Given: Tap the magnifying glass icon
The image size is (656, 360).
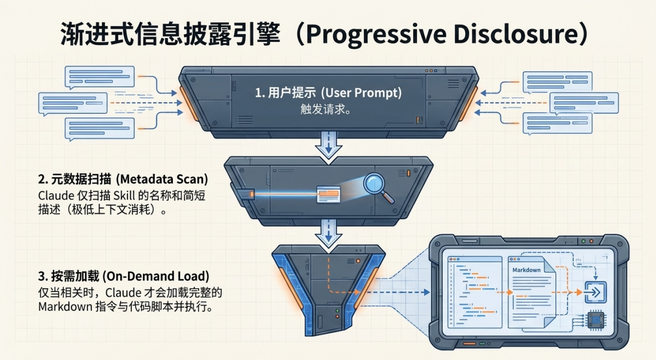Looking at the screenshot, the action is tap(378, 187).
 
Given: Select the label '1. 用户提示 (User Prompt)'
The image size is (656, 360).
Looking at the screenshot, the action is tap(328, 93).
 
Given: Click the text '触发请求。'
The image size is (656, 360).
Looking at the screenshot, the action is tap(325, 109).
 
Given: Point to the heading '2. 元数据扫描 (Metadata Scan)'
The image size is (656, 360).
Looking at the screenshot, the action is tap(123, 179).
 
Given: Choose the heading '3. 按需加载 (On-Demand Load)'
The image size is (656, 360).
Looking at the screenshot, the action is tap(123, 276).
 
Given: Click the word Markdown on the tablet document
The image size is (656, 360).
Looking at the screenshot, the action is tap(526, 270).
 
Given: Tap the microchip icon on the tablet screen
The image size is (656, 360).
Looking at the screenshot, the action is tap(596, 321).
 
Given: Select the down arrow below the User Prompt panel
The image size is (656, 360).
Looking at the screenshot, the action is tap(328, 145).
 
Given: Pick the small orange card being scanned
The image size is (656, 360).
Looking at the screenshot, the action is tap(328, 194).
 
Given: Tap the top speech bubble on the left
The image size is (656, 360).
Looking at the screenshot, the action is tap(99, 77).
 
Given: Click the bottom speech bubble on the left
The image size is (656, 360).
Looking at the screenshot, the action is tap(99, 129).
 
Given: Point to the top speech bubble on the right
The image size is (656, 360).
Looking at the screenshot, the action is tap(558, 82).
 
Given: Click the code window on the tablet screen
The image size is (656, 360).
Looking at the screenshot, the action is tap(475, 292).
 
